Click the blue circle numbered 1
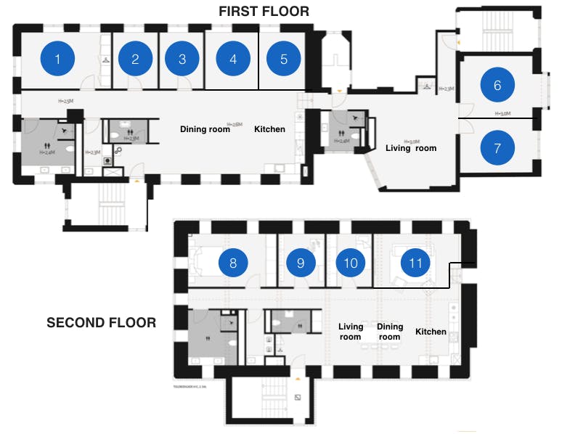coord(60,59)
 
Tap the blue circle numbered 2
coord(136,59)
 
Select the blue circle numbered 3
coord(182,59)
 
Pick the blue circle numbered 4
coord(233,59)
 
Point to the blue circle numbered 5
coord(284,59)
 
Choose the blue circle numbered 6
coord(497,85)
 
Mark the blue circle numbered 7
coord(497,148)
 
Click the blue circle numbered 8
coord(233,263)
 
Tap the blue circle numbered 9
coord(301,263)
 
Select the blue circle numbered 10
coord(351,263)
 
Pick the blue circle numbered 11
coord(415,263)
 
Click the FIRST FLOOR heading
coord(264,11)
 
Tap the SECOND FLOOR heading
coord(101,322)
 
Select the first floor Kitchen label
coord(269,129)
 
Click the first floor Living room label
coord(411,148)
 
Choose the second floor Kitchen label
coord(431,332)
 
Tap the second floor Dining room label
coord(389,332)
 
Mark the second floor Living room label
coord(350,332)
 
